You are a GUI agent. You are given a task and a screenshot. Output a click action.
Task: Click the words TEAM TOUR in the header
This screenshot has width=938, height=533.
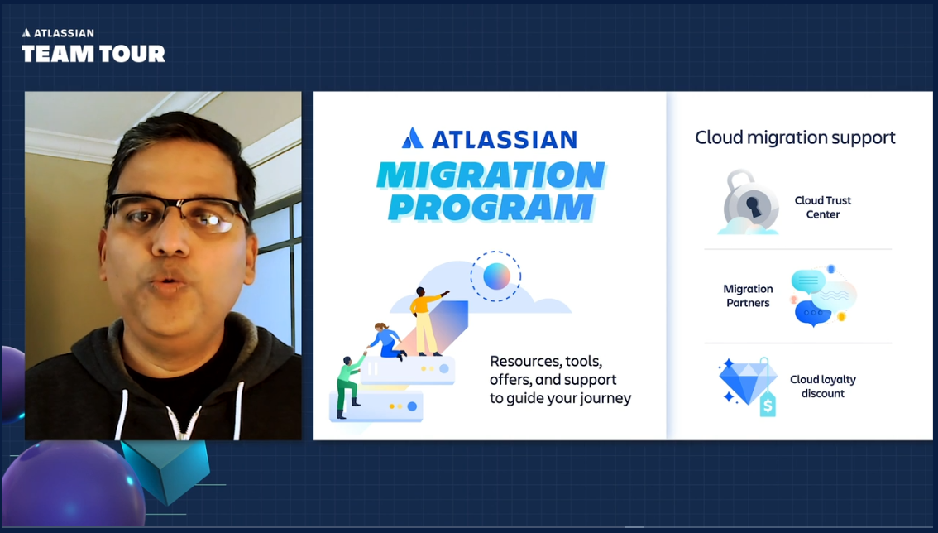tap(93, 55)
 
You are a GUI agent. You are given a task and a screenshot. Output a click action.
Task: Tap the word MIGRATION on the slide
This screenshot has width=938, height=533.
tap(491, 175)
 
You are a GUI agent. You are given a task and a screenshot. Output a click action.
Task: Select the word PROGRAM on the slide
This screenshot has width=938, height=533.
tap(491, 207)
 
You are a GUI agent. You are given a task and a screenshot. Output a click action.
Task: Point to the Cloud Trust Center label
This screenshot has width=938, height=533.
tap(822, 207)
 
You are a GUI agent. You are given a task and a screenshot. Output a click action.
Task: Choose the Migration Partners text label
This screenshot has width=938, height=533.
tap(748, 295)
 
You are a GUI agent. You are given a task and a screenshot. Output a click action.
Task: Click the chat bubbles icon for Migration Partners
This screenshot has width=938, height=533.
tap(819, 295)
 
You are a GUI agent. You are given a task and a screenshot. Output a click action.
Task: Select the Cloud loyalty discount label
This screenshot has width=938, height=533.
tap(822, 387)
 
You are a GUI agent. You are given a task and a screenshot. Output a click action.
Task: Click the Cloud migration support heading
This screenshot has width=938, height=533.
tap(794, 137)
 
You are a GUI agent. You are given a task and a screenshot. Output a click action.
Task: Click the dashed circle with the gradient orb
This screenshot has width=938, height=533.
tap(496, 276)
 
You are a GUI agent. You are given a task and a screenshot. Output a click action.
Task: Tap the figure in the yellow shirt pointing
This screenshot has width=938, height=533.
tap(425, 320)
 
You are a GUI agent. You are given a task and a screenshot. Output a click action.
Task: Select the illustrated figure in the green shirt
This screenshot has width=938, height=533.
tap(351, 380)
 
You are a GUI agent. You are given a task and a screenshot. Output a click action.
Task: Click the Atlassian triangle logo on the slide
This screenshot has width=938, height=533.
tap(413, 138)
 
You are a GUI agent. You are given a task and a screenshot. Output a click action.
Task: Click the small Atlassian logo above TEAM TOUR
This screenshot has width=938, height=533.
tap(26, 33)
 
